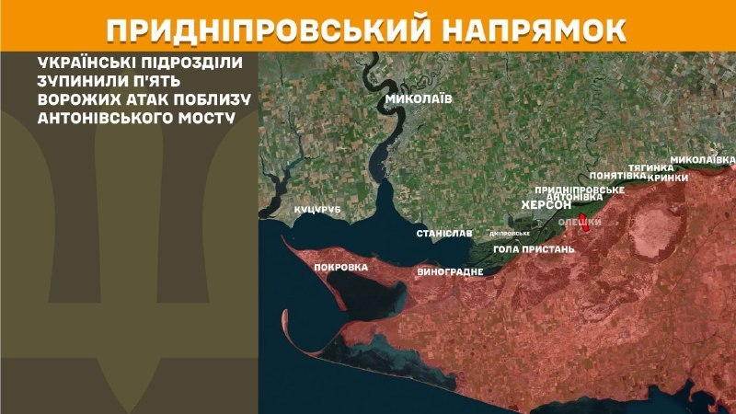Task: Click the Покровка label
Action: [x=341, y=267]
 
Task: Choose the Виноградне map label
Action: [x=450, y=272]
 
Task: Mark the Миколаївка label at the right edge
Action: [x=702, y=160]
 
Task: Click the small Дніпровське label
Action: [x=510, y=233]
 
